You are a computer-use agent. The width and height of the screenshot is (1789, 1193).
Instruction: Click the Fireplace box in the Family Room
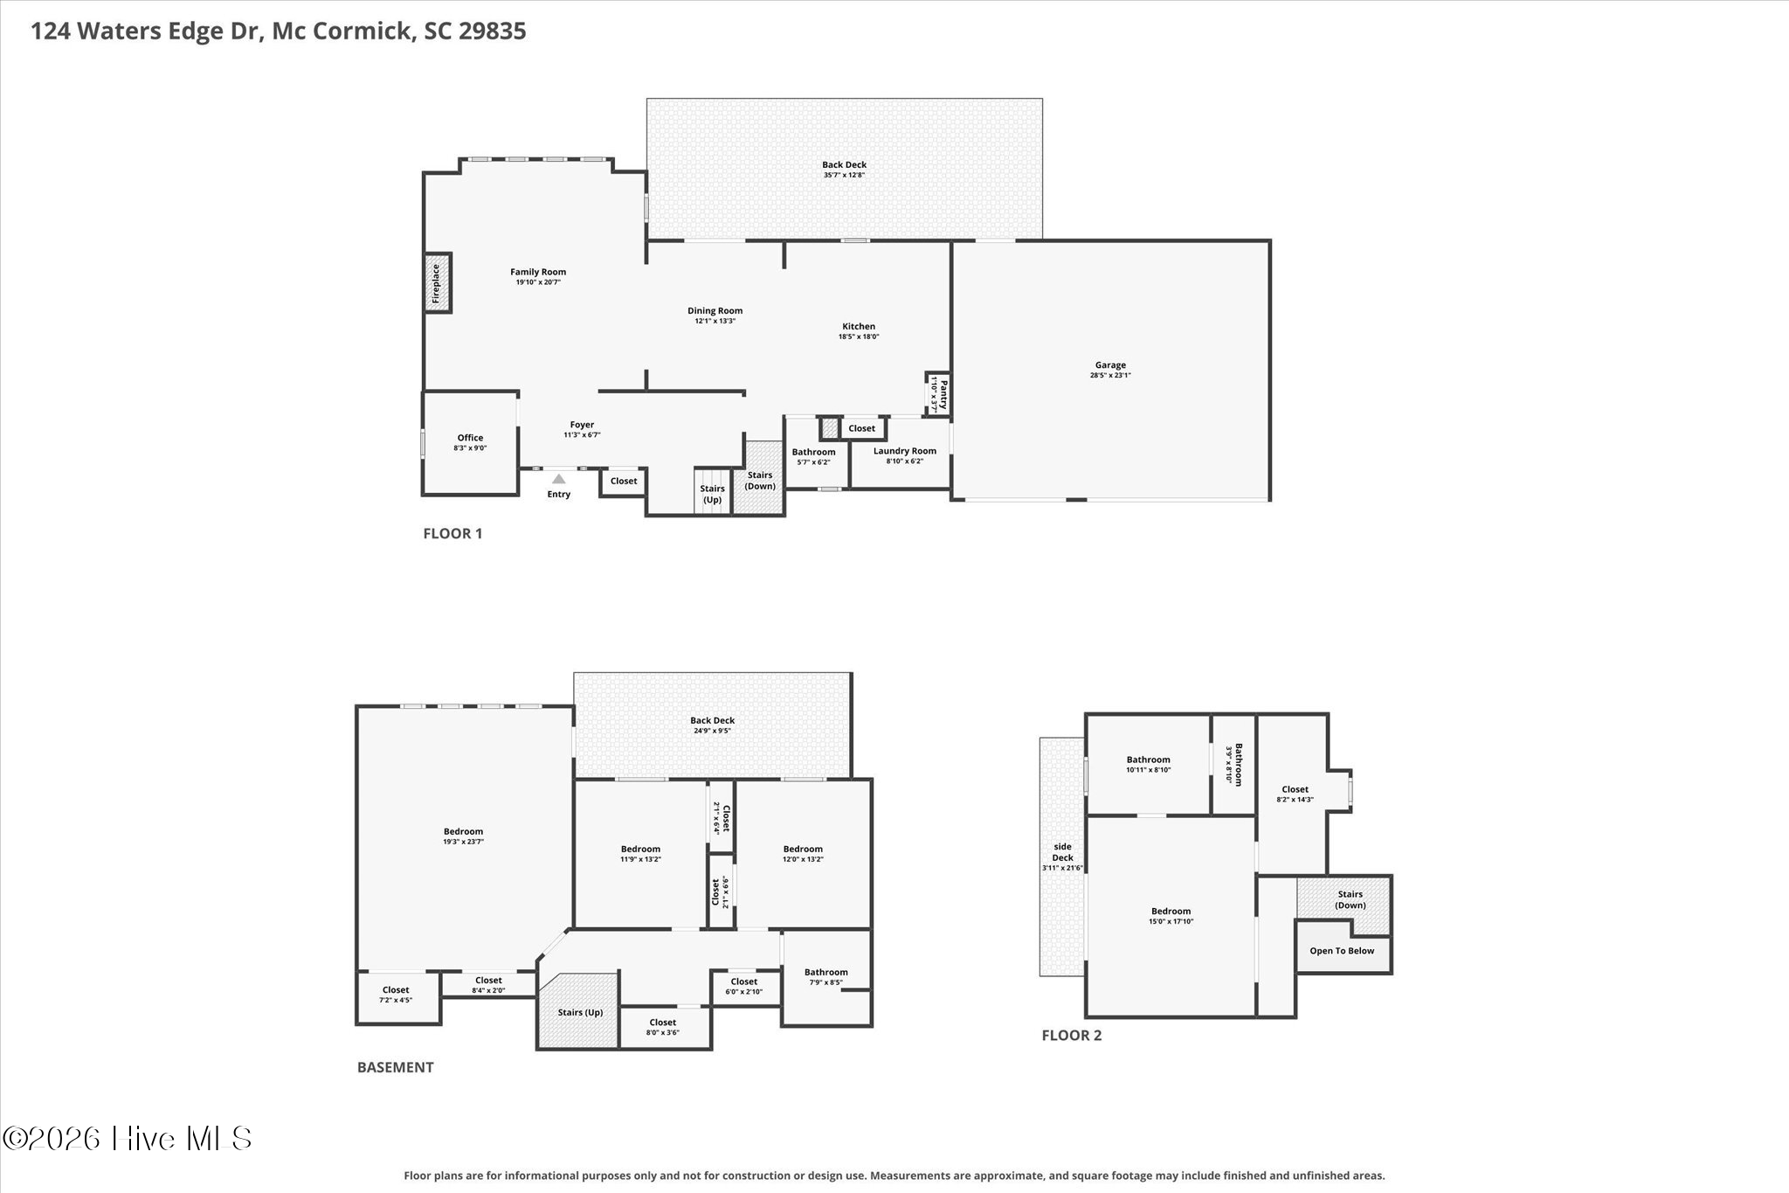pyautogui.click(x=437, y=282)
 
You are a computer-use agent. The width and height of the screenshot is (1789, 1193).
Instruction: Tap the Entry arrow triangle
pyautogui.click(x=558, y=478)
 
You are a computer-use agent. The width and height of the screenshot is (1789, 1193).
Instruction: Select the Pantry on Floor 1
pyautogui.click(x=937, y=394)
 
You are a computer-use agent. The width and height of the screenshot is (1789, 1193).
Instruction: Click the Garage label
pyautogui.click(x=1110, y=365)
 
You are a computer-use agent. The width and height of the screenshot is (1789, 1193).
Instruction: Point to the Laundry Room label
pyautogui.click(x=905, y=451)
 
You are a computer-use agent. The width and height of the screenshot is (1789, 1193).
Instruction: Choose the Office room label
pyautogui.click(x=470, y=438)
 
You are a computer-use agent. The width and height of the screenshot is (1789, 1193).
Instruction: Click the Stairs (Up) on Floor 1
pyautogui.click(x=713, y=494)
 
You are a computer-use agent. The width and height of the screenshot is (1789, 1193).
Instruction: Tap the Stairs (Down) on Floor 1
pyautogui.click(x=760, y=480)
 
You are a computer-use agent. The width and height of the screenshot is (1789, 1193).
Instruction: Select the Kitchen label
pyautogui.click(x=859, y=326)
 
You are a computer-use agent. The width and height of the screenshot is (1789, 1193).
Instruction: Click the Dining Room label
pyautogui.click(x=715, y=310)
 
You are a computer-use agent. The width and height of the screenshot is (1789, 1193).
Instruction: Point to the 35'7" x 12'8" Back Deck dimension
pyautogui.click(x=845, y=175)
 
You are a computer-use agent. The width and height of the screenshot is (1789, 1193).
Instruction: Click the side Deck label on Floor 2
pyautogui.click(x=1062, y=852)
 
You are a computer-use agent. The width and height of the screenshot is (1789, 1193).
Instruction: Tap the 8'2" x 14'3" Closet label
pyautogui.click(x=1295, y=789)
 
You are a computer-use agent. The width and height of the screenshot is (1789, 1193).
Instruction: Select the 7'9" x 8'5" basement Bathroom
pyautogui.click(x=826, y=977)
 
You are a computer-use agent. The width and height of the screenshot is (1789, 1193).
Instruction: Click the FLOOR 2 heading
pyautogui.click(x=1072, y=1036)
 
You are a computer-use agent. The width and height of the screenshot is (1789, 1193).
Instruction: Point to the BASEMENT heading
pyautogui.click(x=395, y=1067)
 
